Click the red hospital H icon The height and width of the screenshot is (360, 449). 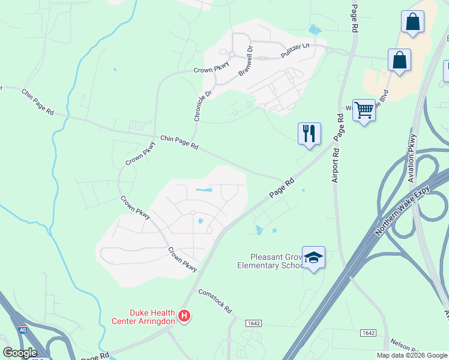[x=185, y=316]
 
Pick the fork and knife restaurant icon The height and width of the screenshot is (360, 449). [x=309, y=133]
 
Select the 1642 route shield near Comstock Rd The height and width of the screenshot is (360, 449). [x=253, y=323]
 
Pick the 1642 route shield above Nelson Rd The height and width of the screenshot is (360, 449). [x=367, y=332]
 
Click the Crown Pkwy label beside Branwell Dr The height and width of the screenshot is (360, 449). [x=208, y=70]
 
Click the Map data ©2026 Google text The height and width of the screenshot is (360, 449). [x=411, y=355]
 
